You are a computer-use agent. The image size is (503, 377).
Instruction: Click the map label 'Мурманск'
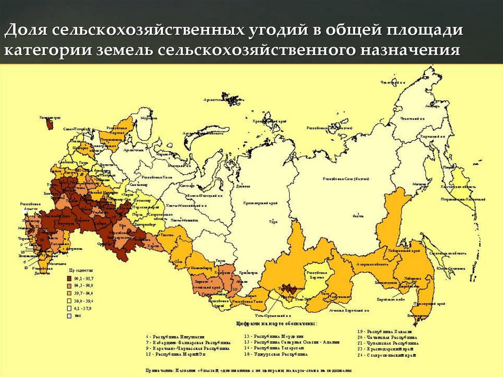pyautogui.click(x=143, y=118)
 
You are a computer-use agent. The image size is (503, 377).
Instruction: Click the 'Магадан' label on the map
pyautogui.click(x=419, y=184)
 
